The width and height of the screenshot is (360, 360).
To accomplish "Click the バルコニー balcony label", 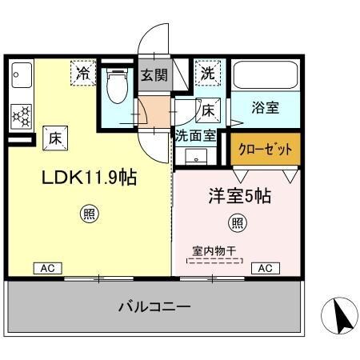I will [x=154, y=306].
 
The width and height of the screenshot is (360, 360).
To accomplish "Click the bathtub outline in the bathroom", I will [x=266, y=77].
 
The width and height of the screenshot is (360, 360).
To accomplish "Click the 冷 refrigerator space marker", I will [x=82, y=73].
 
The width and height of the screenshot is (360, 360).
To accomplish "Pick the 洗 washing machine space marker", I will [x=208, y=72].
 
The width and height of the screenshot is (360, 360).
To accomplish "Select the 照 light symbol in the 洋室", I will [x=238, y=222].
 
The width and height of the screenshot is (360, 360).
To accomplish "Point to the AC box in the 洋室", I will [x=266, y=268].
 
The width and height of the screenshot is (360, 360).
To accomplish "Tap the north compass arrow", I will [x=339, y=318].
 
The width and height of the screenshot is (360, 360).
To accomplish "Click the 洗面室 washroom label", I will [x=195, y=136].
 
